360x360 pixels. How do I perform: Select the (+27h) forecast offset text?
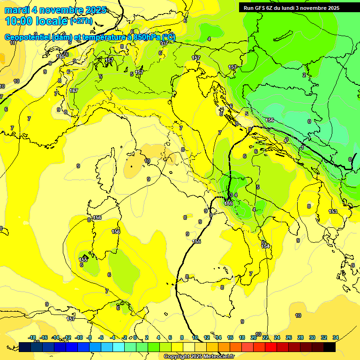pos(81,21)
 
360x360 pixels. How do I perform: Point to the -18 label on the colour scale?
pos(32,337)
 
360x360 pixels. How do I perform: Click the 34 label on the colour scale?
pos(336,337)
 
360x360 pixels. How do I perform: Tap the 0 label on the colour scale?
pos(135,337)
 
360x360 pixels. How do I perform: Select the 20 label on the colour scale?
pos(253,337)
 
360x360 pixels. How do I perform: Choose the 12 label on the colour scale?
pos(207,337)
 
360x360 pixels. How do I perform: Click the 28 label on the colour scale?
pos(300,337)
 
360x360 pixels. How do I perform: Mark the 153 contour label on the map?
pos(332,211)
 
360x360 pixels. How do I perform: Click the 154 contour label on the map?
pos(266,246)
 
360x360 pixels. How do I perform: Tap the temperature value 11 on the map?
pos(13,43)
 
